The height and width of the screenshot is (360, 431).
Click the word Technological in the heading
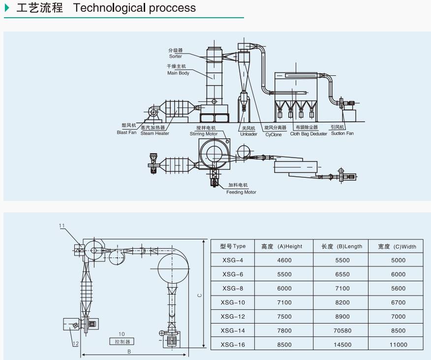pos(107,8)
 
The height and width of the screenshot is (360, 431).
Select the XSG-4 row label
pos(232,260)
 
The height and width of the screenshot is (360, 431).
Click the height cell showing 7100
pos(284,302)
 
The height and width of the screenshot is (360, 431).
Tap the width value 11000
pos(398,345)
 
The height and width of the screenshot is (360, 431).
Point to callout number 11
pos(62,226)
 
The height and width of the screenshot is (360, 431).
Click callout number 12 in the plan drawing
pos(75,343)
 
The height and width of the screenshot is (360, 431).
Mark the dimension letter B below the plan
pos(128,352)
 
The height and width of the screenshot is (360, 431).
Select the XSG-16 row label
pos(232,345)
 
